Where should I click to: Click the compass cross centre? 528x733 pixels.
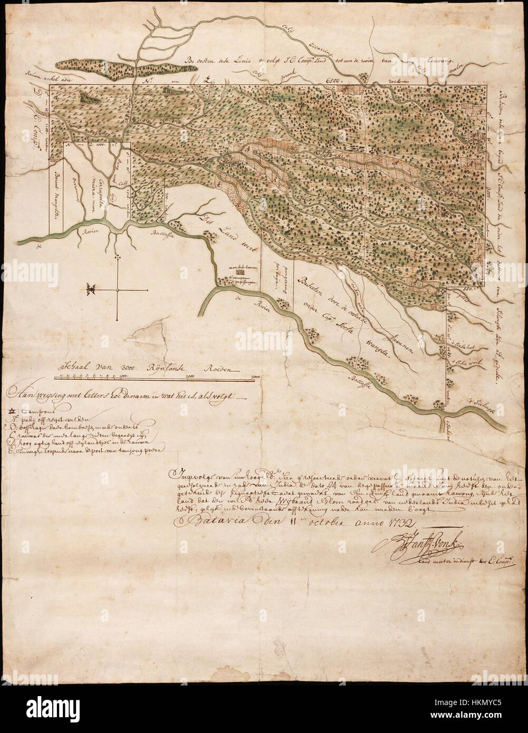coord(117,290)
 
